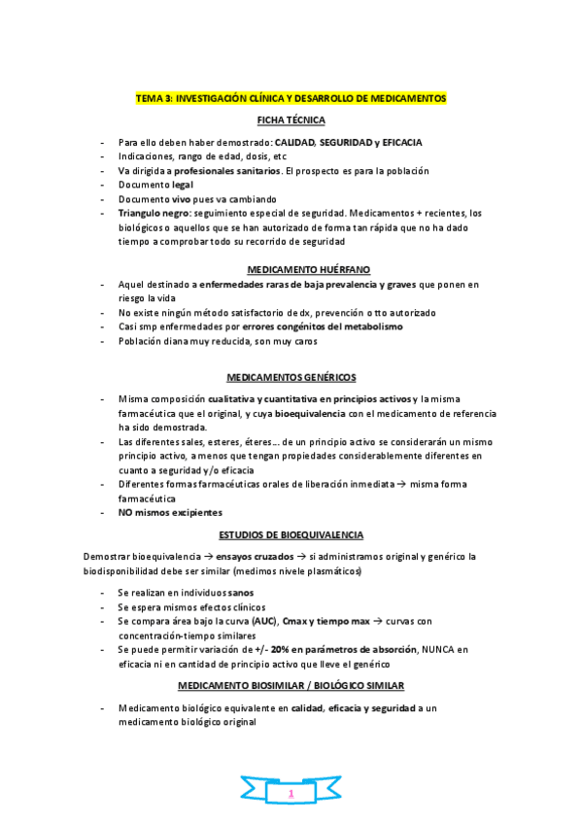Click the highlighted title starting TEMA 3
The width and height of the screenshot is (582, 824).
coord(291,99)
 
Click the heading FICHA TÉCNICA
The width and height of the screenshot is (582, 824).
coord(291,120)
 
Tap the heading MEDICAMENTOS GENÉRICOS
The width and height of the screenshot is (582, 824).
coord(291,376)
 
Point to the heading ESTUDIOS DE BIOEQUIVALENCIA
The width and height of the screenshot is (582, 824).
coord(291,534)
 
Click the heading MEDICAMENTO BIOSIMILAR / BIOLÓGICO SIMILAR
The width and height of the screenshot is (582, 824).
coord(291,686)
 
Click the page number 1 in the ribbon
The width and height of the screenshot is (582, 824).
coord(291,795)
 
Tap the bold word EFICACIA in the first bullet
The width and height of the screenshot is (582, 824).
coord(402,142)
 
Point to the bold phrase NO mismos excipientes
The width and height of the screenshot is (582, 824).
coord(170,512)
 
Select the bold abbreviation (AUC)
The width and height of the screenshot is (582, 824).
coord(262,620)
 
